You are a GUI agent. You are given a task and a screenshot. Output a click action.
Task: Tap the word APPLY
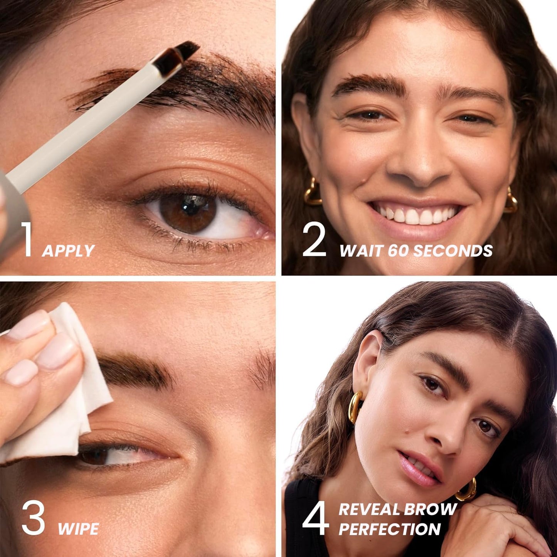pyautogui.click(x=68, y=251)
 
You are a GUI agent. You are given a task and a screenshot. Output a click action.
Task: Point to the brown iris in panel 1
pyautogui.click(x=188, y=213)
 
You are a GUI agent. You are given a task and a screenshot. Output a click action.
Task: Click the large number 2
pyautogui.click(x=314, y=240)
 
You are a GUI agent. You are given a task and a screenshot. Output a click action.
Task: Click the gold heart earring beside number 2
pyautogui.click(x=312, y=193)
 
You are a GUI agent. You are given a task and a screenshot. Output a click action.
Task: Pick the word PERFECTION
pyautogui.click(x=389, y=529)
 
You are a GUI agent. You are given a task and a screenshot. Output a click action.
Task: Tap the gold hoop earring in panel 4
pyautogui.click(x=355, y=407)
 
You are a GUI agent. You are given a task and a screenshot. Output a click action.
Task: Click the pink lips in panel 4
pyautogui.click(x=418, y=469)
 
